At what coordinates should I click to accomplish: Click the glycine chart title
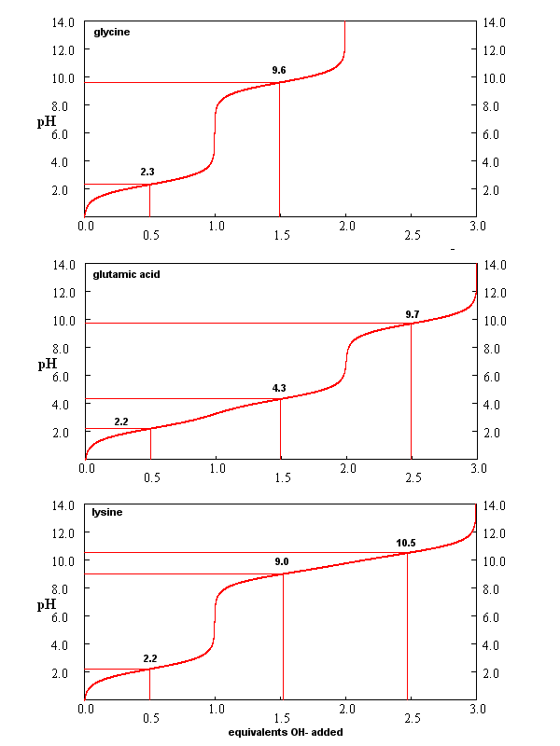111,33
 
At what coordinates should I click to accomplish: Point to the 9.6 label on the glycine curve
279,70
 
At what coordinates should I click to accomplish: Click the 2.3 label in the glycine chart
147,173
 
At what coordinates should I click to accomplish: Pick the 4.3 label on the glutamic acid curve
279,387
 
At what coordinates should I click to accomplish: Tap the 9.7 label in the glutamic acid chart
413,313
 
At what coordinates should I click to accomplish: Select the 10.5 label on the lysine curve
406,543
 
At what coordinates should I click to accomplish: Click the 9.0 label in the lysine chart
281,561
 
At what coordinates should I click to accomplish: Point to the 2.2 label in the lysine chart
150,658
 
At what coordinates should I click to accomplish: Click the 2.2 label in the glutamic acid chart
121,421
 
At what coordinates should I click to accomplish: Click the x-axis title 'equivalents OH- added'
286,732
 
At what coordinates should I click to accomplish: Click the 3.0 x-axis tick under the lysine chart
478,711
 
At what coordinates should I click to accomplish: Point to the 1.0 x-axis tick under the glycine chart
216,227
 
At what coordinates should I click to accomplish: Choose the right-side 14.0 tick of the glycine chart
495,21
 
